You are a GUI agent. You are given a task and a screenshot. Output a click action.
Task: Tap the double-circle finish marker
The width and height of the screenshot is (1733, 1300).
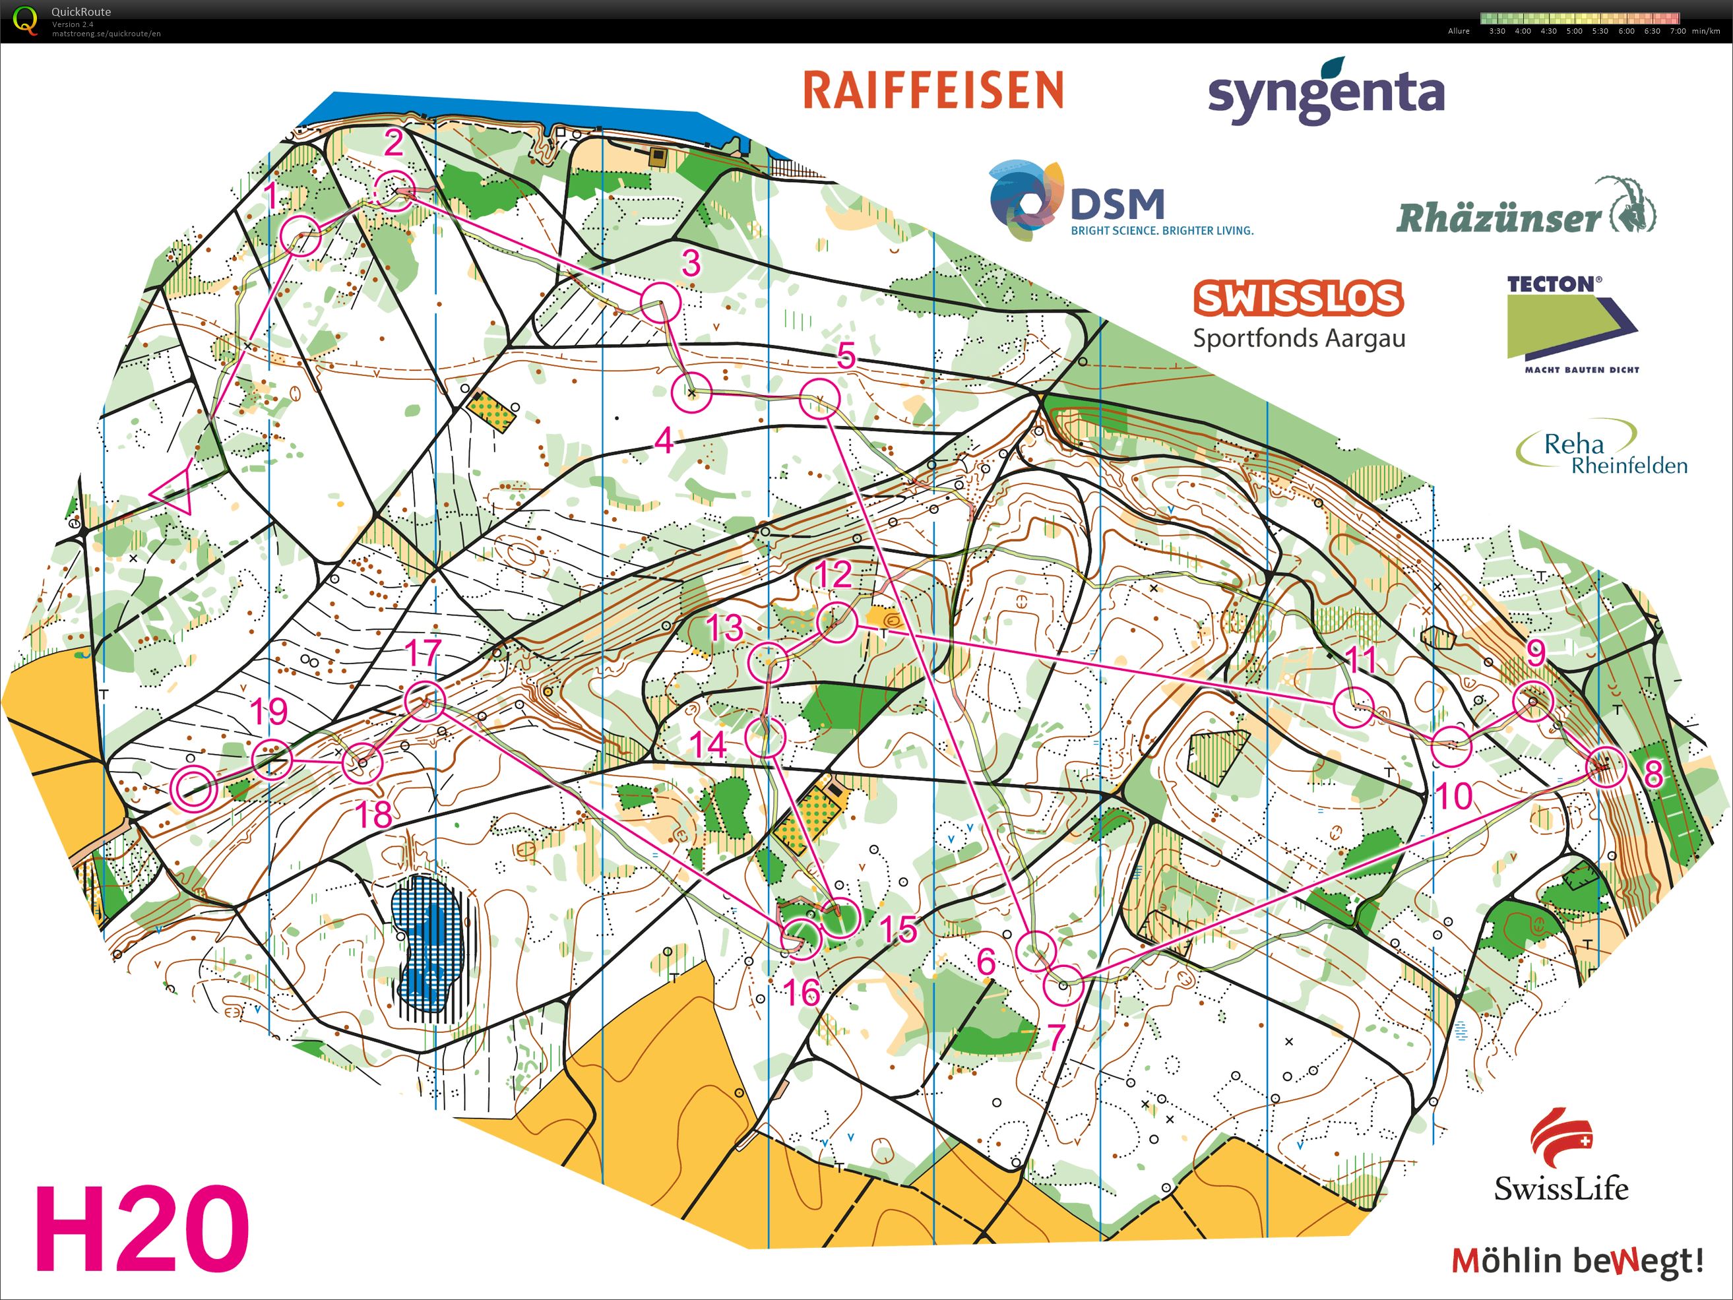click(x=193, y=787)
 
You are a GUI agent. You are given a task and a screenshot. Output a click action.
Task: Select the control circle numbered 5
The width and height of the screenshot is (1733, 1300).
click(x=819, y=398)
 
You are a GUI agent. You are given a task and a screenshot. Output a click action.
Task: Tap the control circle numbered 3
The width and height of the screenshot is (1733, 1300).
click(x=660, y=303)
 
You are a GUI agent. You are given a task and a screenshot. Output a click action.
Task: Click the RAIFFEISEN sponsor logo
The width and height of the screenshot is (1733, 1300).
click(x=932, y=90)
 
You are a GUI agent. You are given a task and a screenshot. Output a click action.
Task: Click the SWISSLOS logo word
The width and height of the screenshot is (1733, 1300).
click(x=1298, y=298)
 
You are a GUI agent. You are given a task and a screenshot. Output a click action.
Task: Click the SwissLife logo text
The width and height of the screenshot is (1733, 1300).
click(x=1561, y=1188)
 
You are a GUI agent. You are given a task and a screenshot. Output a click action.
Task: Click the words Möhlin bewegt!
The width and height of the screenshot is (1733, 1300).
click(x=1578, y=1261)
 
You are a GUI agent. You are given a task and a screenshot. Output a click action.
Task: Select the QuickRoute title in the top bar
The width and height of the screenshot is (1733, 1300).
click(x=80, y=12)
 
